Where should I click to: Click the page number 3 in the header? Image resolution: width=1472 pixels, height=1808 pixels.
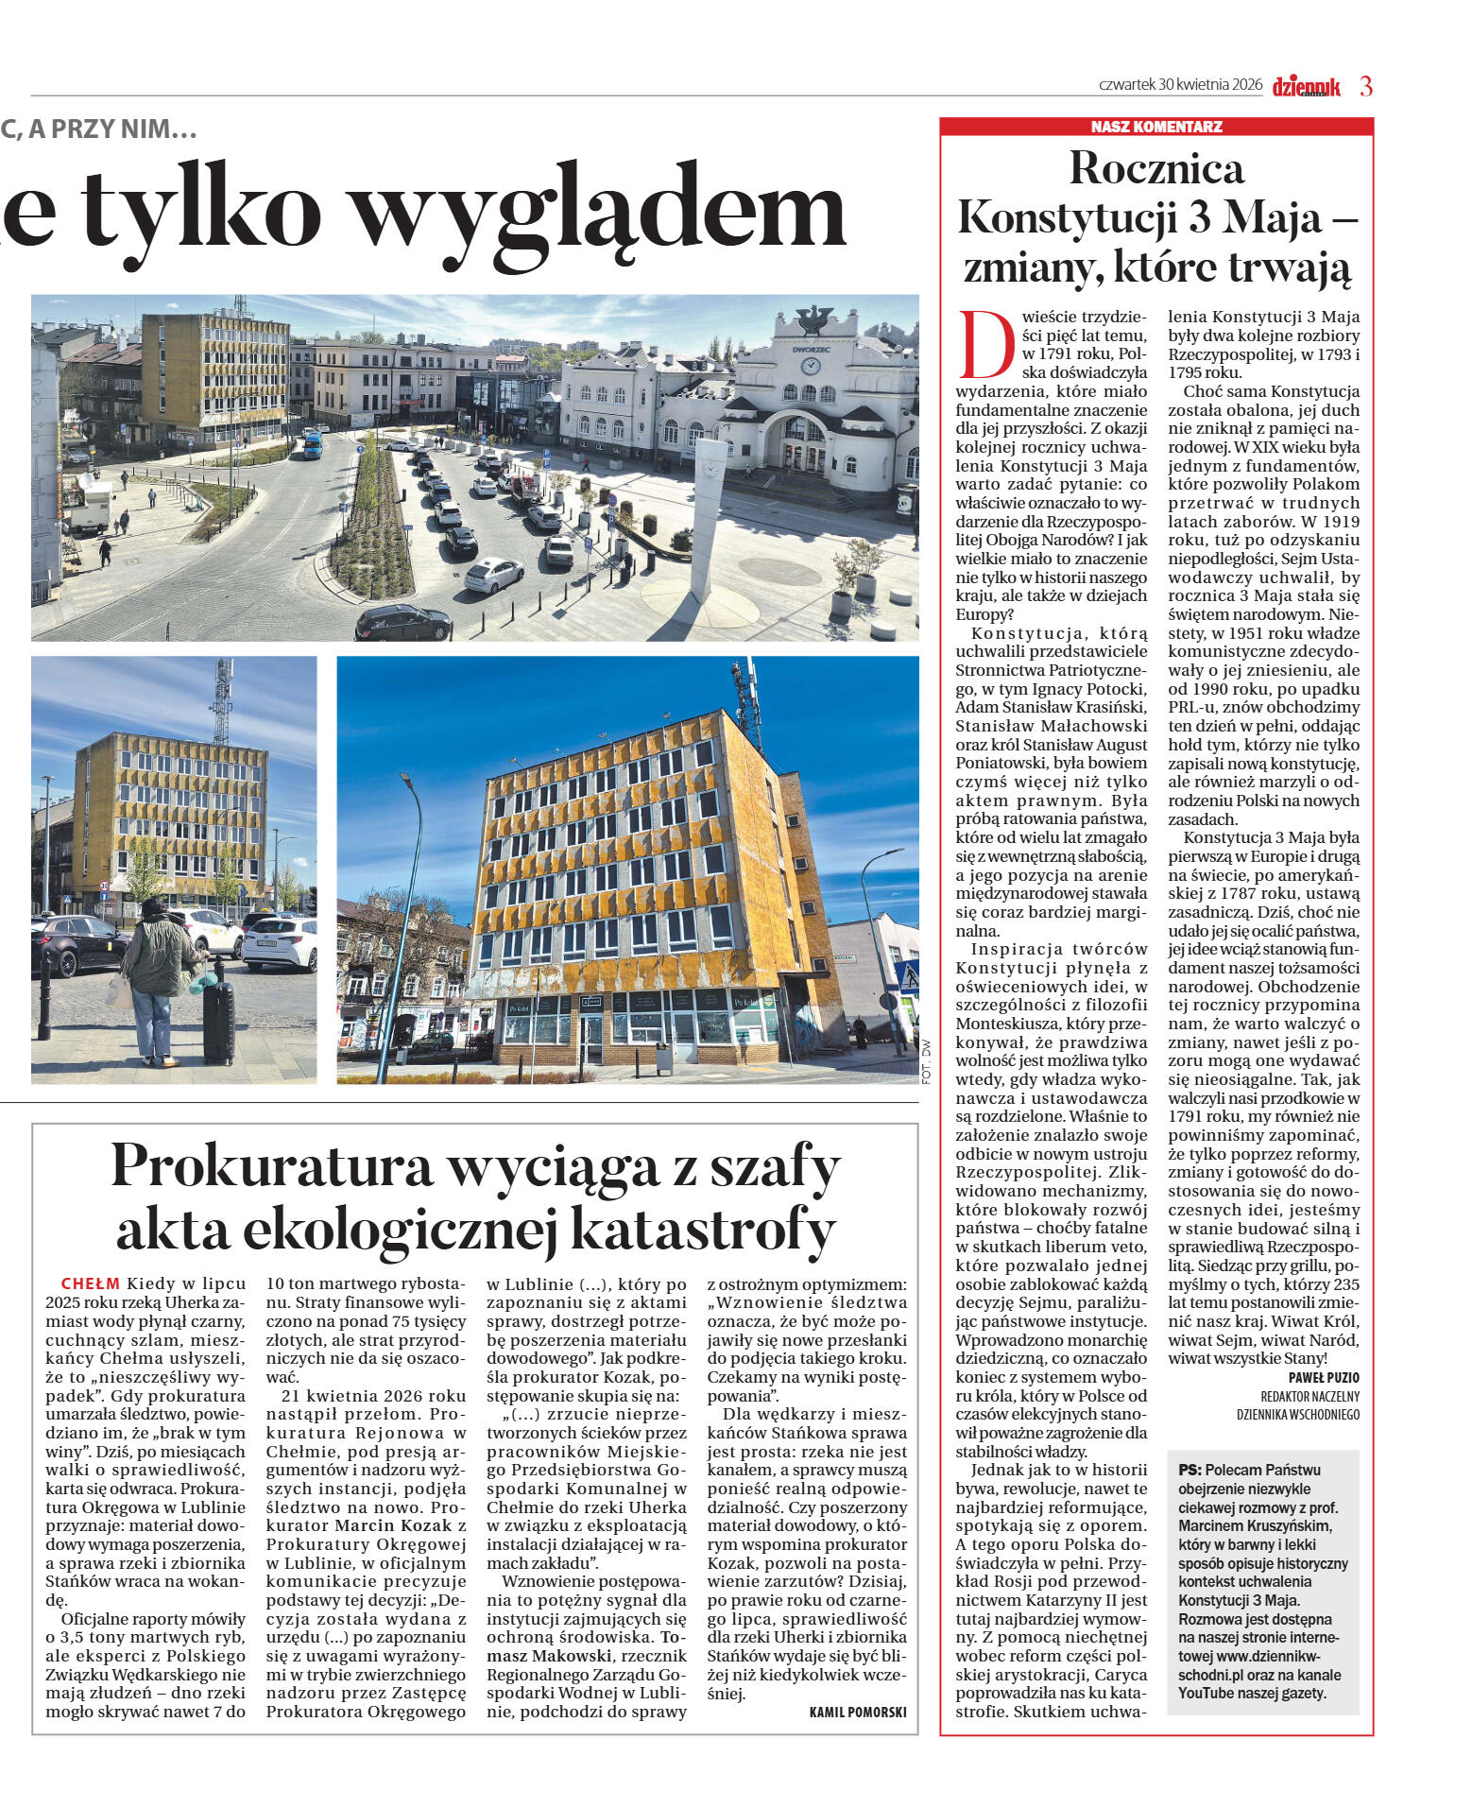pyautogui.click(x=1365, y=86)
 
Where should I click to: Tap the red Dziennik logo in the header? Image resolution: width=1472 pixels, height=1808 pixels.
pyautogui.click(x=1306, y=87)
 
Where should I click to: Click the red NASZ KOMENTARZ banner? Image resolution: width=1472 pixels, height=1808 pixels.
pyautogui.click(x=1155, y=127)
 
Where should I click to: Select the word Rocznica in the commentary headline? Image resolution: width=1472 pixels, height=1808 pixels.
pyautogui.click(x=1156, y=169)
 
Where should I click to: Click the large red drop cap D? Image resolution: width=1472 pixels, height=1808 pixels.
pyautogui.click(x=983, y=344)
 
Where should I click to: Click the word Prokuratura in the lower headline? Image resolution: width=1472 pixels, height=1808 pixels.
pyautogui.click(x=272, y=1166)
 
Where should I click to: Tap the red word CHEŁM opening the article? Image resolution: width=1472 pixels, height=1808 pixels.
pyautogui.click(x=90, y=1283)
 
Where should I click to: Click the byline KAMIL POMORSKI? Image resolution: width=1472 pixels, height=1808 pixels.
pyautogui.click(x=858, y=1712)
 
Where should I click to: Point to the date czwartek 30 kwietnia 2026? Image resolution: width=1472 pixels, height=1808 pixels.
pyautogui.click(x=1180, y=85)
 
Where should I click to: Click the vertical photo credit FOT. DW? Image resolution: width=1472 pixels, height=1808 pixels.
pyautogui.click(x=926, y=1061)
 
